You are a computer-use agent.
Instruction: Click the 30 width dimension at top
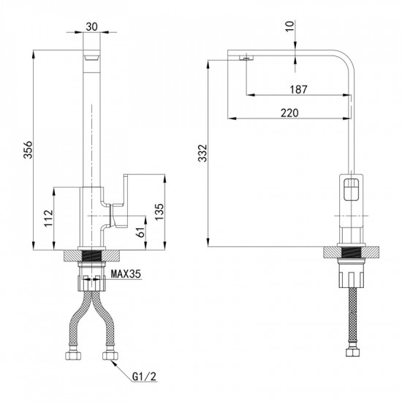click(x=91, y=26)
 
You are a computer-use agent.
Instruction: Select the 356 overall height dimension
click(x=28, y=149)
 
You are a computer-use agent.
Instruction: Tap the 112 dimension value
click(x=48, y=218)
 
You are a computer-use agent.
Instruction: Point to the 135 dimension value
click(x=159, y=211)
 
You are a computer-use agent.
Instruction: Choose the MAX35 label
click(x=126, y=274)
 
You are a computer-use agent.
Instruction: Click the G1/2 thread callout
click(x=144, y=376)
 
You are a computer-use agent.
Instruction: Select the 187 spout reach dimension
click(x=298, y=89)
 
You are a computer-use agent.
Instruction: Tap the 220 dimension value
click(x=289, y=113)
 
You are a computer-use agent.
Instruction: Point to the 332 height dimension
click(x=202, y=153)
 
